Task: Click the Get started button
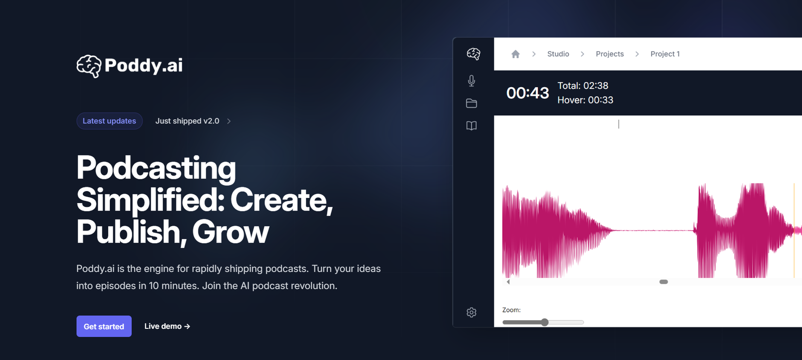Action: click(104, 326)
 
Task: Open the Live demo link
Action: click(167, 326)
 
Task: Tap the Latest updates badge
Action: click(109, 121)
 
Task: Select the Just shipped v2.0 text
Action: click(187, 121)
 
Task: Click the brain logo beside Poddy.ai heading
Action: click(89, 66)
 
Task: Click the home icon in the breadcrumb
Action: click(516, 54)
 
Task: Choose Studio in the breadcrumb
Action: click(558, 54)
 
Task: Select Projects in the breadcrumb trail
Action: click(610, 54)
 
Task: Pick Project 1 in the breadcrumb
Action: click(665, 54)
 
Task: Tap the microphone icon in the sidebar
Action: click(472, 81)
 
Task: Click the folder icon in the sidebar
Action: click(472, 103)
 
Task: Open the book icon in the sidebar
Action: click(472, 126)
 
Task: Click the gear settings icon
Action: click(472, 312)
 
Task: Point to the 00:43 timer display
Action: click(527, 93)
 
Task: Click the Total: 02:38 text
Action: click(583, 86)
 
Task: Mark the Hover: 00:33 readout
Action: click(585, 100)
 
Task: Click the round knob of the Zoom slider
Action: click(544, 322)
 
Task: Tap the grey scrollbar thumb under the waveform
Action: click(664, 282)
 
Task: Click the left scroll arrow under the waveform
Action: click(508, 282)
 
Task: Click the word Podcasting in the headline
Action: click(156, 168)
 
